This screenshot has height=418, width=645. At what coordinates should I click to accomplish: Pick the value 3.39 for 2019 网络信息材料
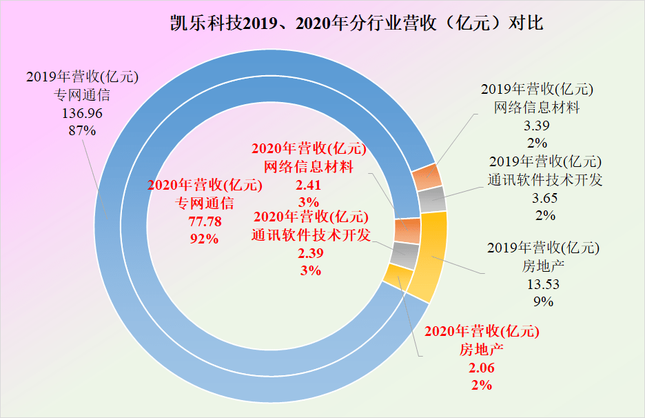coord(537,126)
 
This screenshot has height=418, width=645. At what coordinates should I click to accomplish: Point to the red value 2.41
coord(309,185)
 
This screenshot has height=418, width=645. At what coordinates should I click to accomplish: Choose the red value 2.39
coord(310,253)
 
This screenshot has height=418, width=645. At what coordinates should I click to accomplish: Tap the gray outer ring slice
coord(433,199)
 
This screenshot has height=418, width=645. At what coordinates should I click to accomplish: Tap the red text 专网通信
coord(205,203)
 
